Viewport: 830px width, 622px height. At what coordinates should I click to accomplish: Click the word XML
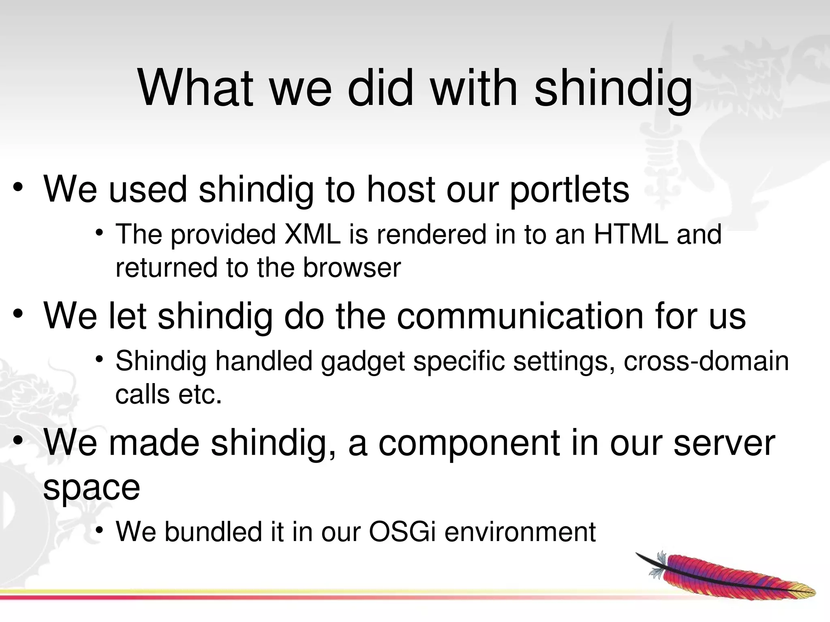(312, 234)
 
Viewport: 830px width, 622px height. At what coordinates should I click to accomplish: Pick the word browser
(352, 268)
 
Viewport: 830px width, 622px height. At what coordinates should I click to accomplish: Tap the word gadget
(363, 361)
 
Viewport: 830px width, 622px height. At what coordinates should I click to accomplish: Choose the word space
(92, 488)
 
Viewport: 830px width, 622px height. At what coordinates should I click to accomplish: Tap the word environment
(520, 532)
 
